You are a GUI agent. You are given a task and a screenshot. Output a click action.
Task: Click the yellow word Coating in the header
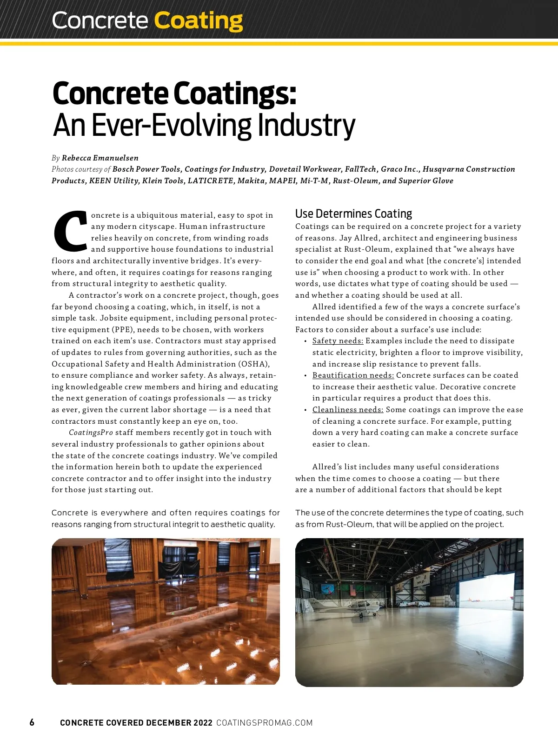[x=198, y=21]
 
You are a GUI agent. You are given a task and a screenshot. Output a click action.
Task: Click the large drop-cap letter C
[x=71, y=231]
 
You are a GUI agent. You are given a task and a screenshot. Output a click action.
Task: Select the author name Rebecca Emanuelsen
[x=100, y=158]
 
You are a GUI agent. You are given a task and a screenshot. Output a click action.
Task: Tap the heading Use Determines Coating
[x=353, y=213]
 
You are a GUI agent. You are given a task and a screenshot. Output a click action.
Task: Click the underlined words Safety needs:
[x=338, y=341]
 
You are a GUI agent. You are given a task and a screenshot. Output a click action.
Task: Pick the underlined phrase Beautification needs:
[x=353, y=375]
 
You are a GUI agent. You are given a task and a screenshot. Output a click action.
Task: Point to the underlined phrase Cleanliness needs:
[x=348, y=410]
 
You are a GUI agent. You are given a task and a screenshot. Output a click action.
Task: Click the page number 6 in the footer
[x=32, y=722]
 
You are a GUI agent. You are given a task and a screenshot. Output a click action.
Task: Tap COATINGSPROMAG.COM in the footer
[x=264, y=723]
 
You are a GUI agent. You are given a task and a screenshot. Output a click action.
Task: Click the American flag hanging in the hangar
[x=353, y=591]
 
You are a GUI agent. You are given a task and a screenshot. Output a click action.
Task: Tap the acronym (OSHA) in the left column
[x=254, y=364]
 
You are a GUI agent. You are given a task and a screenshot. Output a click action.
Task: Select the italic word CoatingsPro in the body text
[x=91, y=433]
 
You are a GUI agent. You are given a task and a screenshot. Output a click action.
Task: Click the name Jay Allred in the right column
[x=359, y=238]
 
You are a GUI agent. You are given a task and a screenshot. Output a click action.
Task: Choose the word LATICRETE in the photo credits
[x=210, y=181]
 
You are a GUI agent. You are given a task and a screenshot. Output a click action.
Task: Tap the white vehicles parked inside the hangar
[x=414, y=604]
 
